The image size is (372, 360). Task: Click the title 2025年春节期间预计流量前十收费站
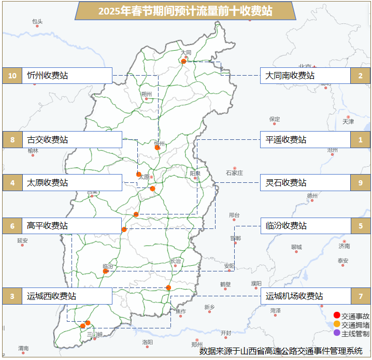point(185,11)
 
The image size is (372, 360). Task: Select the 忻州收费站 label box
point(67,76)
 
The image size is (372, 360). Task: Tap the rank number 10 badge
point(12,76)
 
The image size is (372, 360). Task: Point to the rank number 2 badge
point(360,76)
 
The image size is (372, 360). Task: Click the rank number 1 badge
point(360,140)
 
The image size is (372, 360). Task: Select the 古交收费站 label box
point(72,140)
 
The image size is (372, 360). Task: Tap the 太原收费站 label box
point(72,183)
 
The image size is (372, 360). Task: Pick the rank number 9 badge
point(360,183)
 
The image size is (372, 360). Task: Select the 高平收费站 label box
point(72,226)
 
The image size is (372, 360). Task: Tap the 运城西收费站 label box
point(67,296)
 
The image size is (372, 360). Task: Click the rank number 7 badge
point(360,296)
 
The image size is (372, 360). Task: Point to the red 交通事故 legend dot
point(337,315)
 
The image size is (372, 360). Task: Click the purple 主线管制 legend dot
point(337,333)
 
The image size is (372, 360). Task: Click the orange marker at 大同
point(183,61)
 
